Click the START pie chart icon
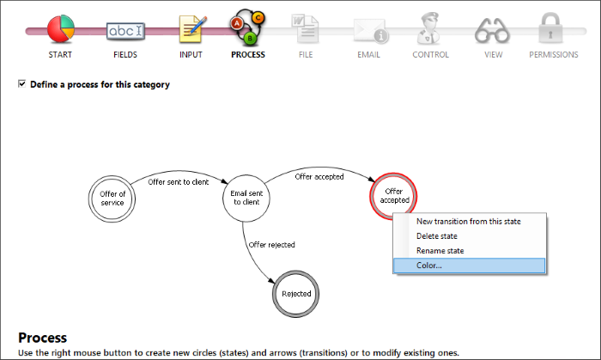pyautogui.click(x=61, y=28)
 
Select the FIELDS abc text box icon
pyautogui.click(x=125, y=31)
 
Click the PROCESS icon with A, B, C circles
pyautogui.click(x=247, y=27)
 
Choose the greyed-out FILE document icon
pyautogui.click(x=305, y=28)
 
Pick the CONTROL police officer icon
pyautogui.click(x=429, y=28)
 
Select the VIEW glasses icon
pyautogui.click(x=492, y=31)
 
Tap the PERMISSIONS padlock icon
pyautogui.click(x=551, y=28)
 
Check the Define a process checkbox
pyautogui.click(x=21, y=84)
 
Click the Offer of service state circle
pyautogui.click(x=112, y=198)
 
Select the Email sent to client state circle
pyautogui.click(x=246, y=198)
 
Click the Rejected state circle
pyautogui.click(x=296, y=294)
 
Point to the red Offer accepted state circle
pyautogui.click(x=393, y=196)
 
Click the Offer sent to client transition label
pyautogui.click(x=179, y=182)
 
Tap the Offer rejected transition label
pyautogui.click(x=272, y=245)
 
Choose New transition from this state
pyautogui.click(x=469, y=221)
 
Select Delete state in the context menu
pyautogui.click(x=436, y=235)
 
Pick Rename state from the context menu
pyautogui.click(x=440, y=250)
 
